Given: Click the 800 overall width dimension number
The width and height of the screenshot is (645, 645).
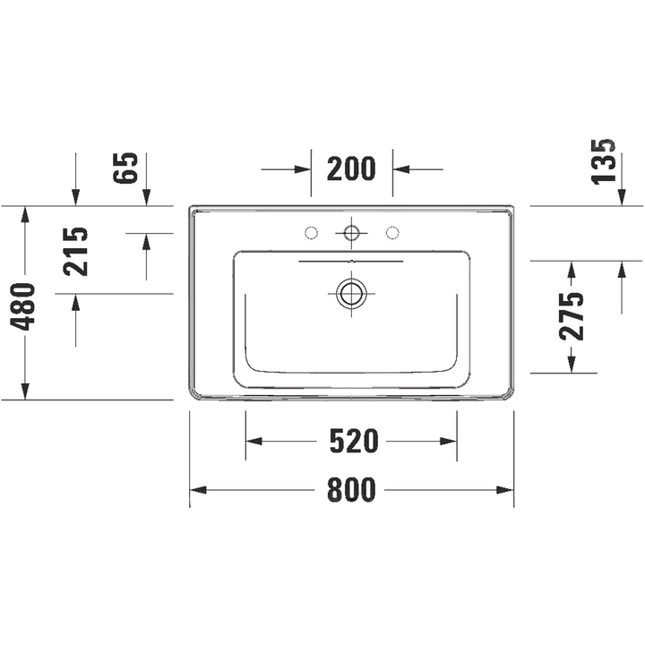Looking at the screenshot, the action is pyautogui.click(x=352, y=489).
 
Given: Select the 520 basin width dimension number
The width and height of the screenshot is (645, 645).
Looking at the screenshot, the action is pyautogui.click(x=354, y=441).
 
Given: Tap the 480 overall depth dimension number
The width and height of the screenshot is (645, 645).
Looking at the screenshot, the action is pyautogui.click(x=22, y=307).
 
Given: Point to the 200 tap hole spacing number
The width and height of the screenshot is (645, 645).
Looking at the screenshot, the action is pyautogui.click(x=351, y=168).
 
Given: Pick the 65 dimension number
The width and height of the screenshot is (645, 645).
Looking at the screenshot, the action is pyautogui.click(x=125, y=168).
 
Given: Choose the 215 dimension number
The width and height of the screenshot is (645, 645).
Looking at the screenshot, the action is pyautogui.click(x=75, y=252).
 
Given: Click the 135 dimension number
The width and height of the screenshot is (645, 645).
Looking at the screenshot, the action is pyautogui.click(x=604, y=161).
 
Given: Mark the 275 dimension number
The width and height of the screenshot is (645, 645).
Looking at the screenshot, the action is pyautogui.click(x=572, y=316).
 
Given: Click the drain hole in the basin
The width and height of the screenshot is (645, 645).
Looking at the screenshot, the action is pyautogui.click(x=351, y=294).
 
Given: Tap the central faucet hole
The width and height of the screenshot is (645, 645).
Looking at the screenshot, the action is pyautogui.click(x=351, y=233).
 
